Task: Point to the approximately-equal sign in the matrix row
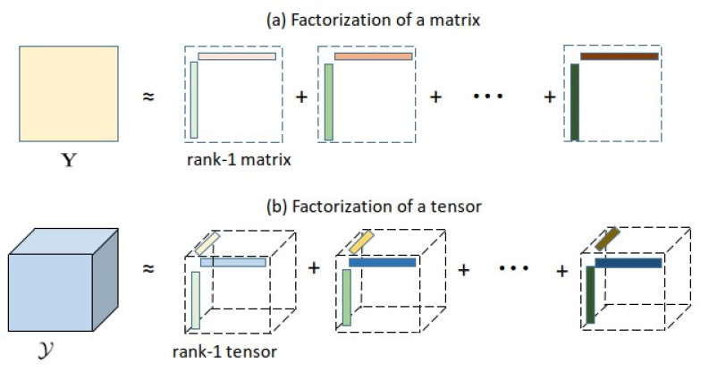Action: [148, 95]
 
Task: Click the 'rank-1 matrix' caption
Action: [230, 160]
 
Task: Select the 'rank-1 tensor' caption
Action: [230, 351]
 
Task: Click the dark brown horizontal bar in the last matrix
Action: [620, 56]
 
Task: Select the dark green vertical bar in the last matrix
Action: [575, 103]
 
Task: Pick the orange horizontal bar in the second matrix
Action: [373, 56]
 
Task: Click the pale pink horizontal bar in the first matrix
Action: [237, 56]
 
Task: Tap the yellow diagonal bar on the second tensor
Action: [361, 241]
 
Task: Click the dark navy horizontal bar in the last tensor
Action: [629, 263]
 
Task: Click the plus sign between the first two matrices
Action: [300, 95]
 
